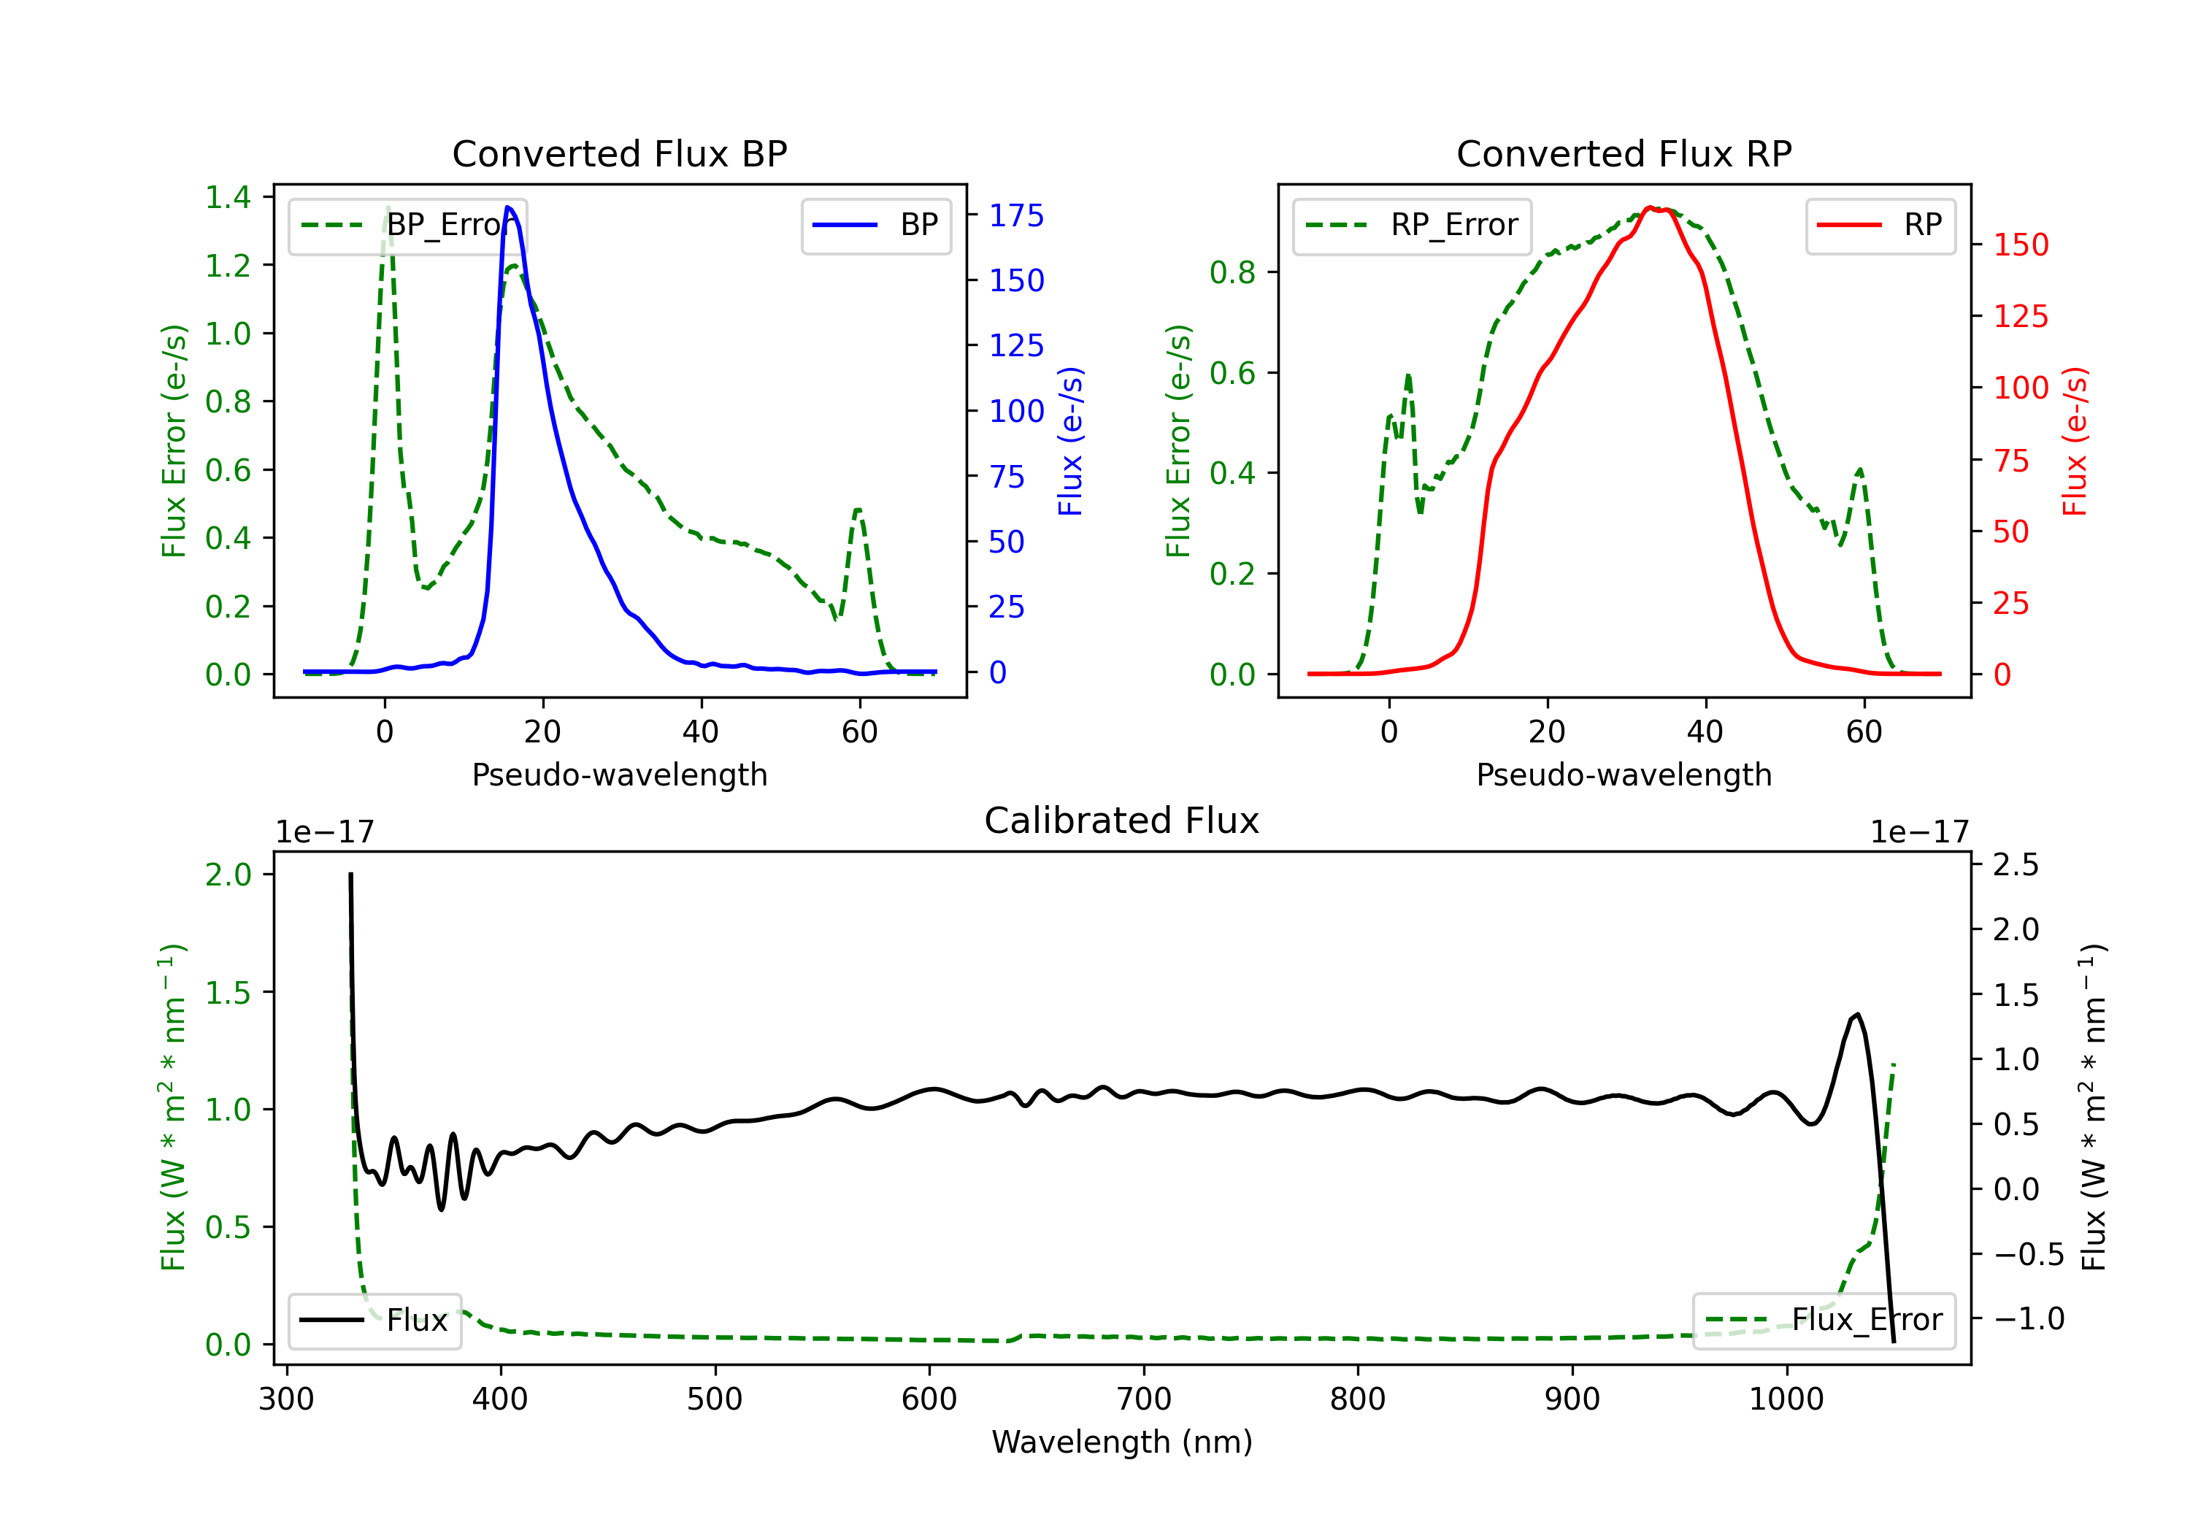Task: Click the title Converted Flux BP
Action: tap(619, 153)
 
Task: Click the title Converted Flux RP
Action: tap(1624, 153)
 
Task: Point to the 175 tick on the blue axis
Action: tap(1016, 215)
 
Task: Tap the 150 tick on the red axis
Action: tap(2020, 245)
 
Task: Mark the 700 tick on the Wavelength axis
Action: tap(1144, 1399)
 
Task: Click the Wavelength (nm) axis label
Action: tap(1122, 1442)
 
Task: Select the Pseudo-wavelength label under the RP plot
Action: tap(1624, 775)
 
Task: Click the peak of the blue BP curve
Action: tap(508, 207)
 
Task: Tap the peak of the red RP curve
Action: tap(1649, 207)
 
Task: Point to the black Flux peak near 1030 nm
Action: tap(1857, 1014)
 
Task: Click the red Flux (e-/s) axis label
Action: tap(2075, 441)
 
